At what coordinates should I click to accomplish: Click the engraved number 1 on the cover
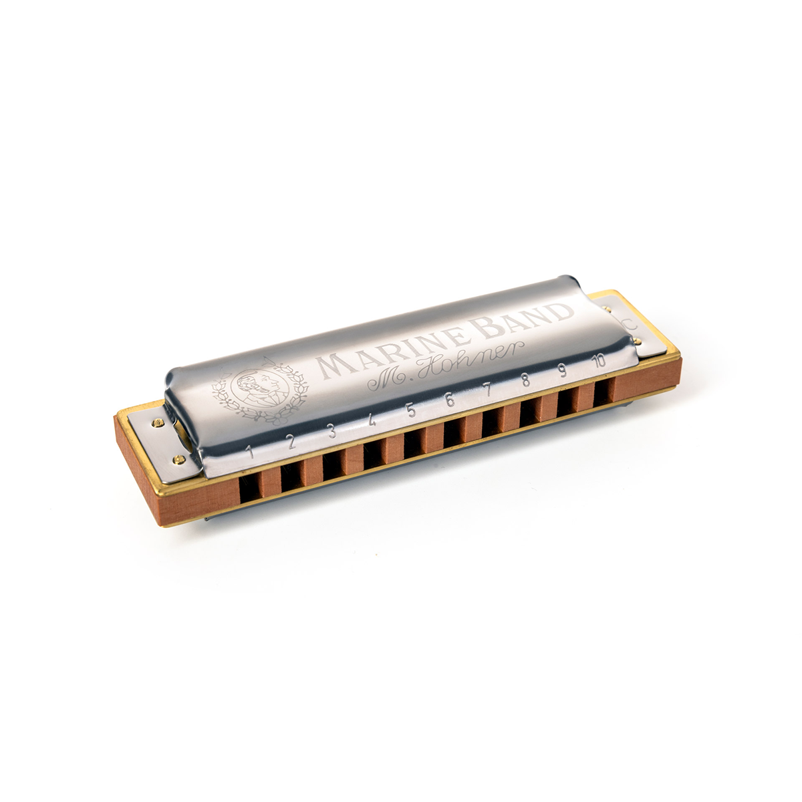250,452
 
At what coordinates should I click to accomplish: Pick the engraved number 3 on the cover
332,432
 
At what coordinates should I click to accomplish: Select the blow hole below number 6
453,432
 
